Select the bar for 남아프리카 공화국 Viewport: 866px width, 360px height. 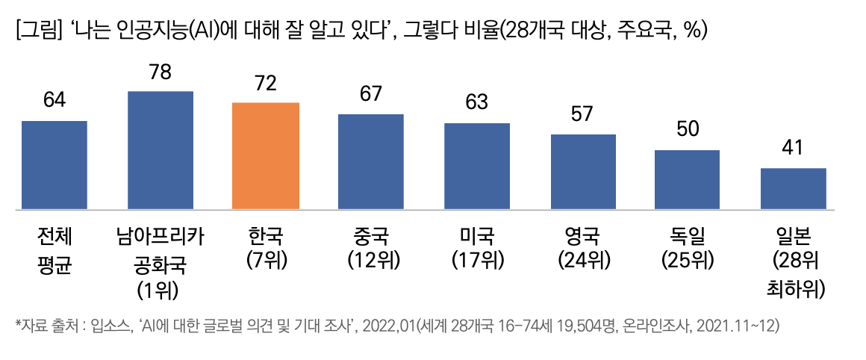(x=161, y=149)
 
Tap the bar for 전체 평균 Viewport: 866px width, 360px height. (x=54, y=164)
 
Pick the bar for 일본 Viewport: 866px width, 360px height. (x=793, y=188)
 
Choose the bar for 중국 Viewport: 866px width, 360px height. (x=371, y=161)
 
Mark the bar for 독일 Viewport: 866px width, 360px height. (x=687, y=179)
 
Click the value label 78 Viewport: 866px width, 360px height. (x=161, y=72)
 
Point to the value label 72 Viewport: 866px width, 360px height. (x=266, y=84)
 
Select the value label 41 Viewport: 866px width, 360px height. (x=793, y=149)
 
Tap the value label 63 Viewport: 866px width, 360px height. (x=476, y=102)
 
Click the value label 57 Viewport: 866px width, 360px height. (x=582, y=114)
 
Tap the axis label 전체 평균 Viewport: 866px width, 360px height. (x=54, y=251)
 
